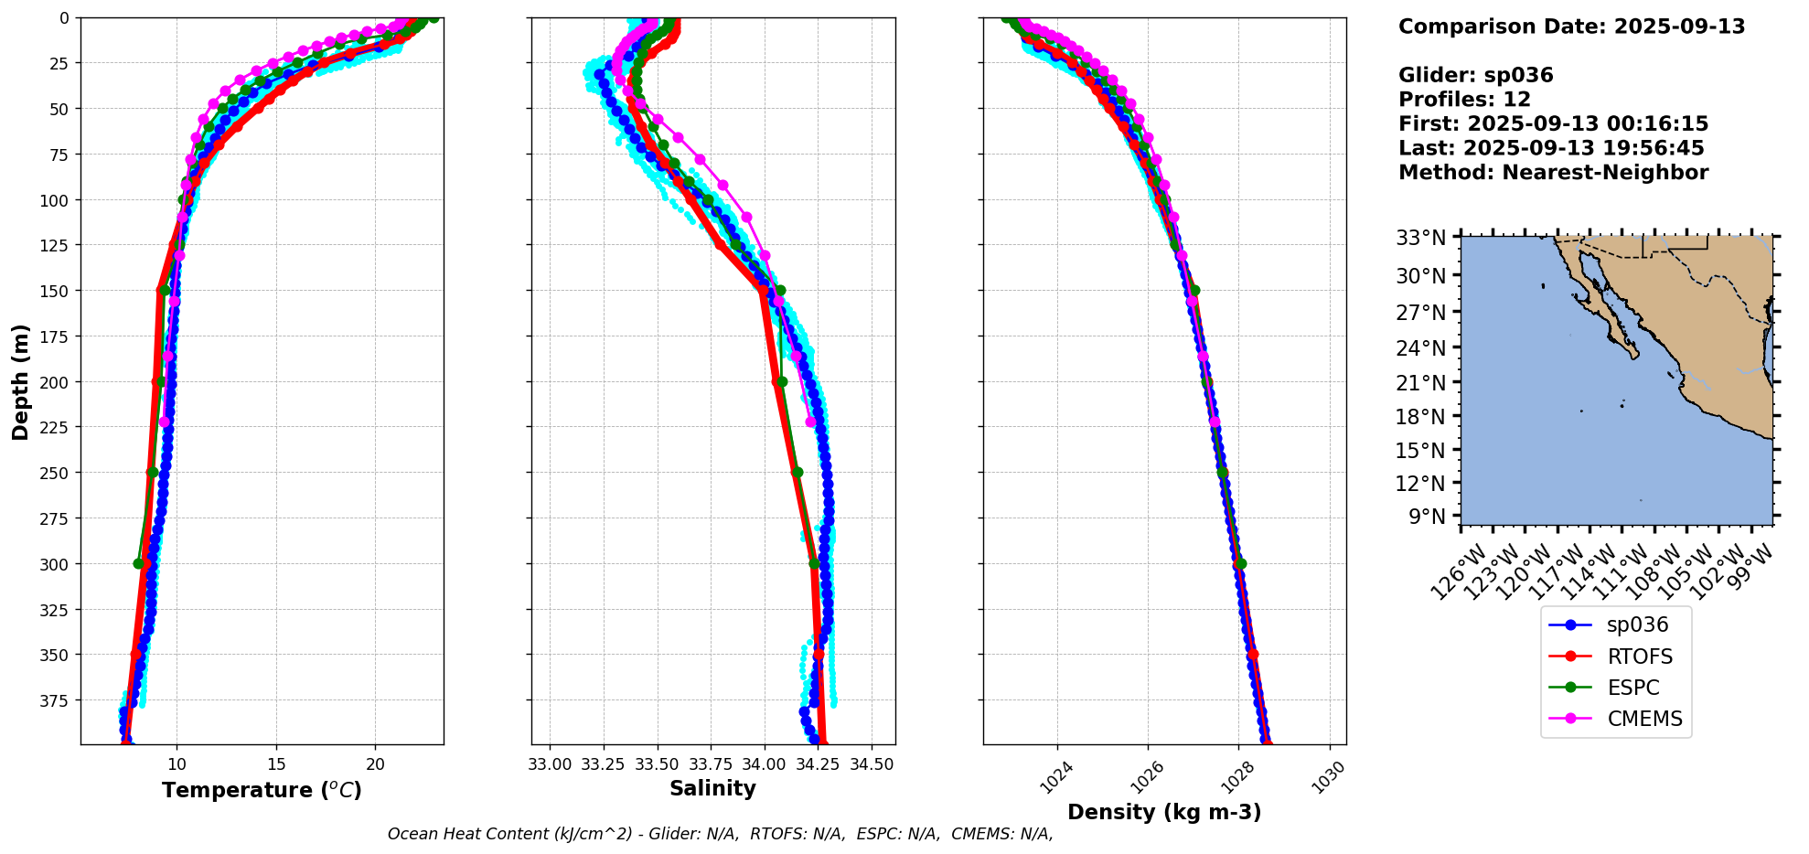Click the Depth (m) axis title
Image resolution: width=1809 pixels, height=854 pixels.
[x=20, y=381]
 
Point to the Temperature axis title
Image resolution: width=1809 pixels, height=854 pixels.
[x=262, y=790]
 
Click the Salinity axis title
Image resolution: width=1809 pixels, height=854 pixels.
[x=712, y=788]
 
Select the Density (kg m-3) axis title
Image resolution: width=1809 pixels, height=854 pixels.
[x=1164, y=812]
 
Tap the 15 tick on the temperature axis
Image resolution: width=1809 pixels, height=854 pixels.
[x=276, y=764]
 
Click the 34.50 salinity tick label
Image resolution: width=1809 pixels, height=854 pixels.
[x=872, y=764]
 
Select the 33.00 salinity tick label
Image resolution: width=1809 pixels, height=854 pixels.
[x=550, y=764]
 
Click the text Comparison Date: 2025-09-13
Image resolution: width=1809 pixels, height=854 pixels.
[x=1571, y=27]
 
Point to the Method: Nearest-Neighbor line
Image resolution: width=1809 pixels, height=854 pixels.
[x=1553, y=173]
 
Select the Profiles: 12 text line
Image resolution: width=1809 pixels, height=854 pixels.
[x=1464, y=100]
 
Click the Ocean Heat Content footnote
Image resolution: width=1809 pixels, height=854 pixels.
[x=720, y=834]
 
